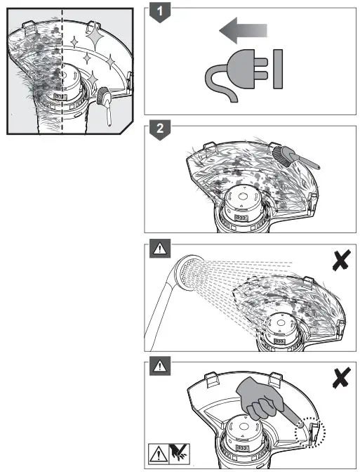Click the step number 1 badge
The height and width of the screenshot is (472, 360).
click(x=160, y=13)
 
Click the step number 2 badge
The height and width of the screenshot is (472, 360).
click(x=160, y=130)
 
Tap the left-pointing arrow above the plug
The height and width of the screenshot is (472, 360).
click(x=243, y=30)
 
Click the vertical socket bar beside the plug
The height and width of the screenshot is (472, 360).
click(x=278, y=69)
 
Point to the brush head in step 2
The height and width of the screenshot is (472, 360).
click(x=282, y=156)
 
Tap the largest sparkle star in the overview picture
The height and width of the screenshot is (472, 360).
click(x=95, y=37)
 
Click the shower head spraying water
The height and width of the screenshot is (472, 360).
click(x=187, y=273)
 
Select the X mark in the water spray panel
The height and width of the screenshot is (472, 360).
click(x=341, y=260)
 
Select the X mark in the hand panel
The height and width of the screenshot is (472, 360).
click(x=341, y=377)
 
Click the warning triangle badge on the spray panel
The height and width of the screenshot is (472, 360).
click(x=160, y=249)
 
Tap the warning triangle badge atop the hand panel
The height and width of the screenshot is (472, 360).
click(x=160, y=366)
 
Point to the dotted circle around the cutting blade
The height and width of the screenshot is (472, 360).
click(x=310, y=433)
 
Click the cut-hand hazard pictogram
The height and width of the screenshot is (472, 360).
click(x=179, y=453)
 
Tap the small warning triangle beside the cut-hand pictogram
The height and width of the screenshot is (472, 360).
click(x=159, y=454)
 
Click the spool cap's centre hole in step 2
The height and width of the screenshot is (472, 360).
click(x=241, y=196)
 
